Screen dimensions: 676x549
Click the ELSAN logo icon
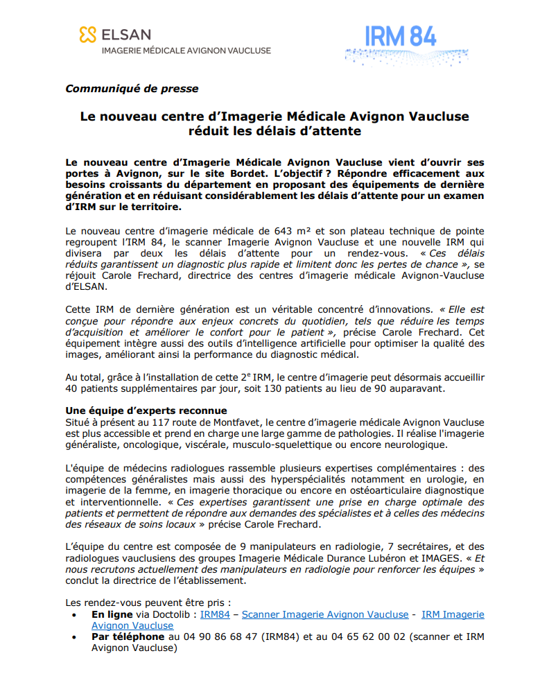[87, 34]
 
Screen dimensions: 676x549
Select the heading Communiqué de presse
[132, 89]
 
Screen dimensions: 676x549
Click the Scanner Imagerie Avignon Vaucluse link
[324, 614]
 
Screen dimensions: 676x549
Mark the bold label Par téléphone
[128, 636]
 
